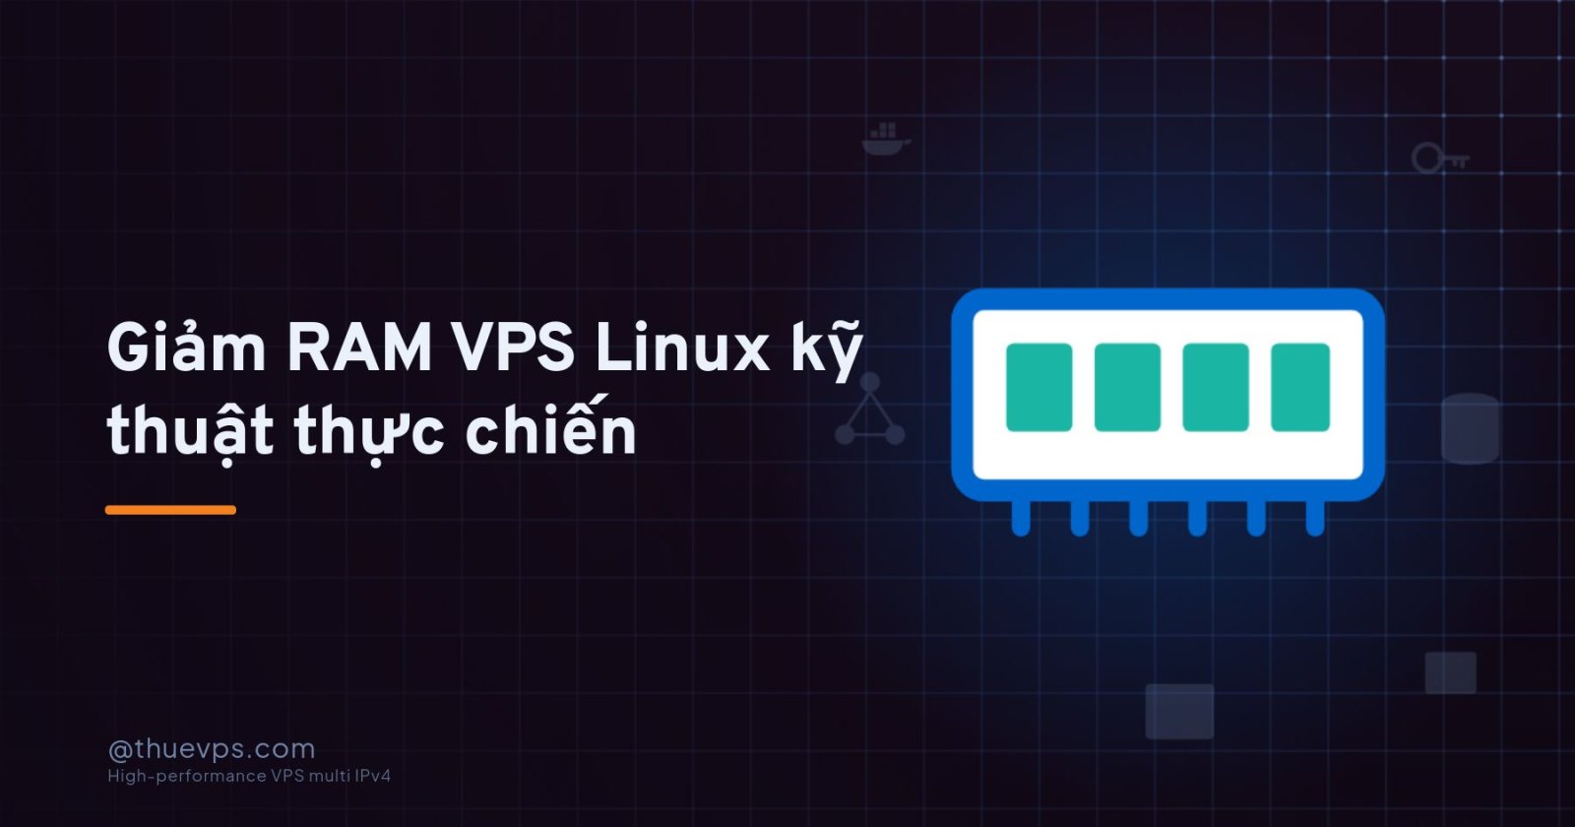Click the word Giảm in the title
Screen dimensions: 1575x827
pyautogui.click(x=186, y=347)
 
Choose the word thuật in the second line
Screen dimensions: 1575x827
pyautogui.click(x=190, y=431)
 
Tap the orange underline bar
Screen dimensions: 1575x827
pyautogui.click(x=171, y=510)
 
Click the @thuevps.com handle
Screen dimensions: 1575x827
pyautogui.click(x=212, y=749)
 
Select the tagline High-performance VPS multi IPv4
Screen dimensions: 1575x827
pyautogui.click(x=249, y=776)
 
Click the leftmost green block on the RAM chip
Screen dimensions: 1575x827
pyautogui.click(x=1039, y=388)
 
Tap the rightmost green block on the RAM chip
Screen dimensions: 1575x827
pyautogui.click(x=1300, y=388)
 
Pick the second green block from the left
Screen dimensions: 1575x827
pyautogui.click(x=1127, y=388)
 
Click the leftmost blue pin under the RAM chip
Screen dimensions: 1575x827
pyautogui.click(x=1021, y=518)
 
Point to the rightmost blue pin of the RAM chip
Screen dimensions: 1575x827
pyautogui.click(x=1315, y=518)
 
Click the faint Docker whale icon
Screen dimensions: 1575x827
pyautogui.click(x=886, y=139)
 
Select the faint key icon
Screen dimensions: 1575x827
pyautogui.click(x=1440, y=159)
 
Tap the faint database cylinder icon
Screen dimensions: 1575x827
pyautogui.click(x=1471, y=428)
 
